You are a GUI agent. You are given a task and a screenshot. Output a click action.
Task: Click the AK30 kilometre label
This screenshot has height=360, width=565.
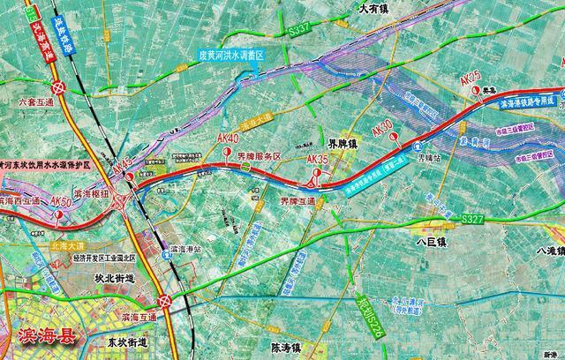(x=382, y=126)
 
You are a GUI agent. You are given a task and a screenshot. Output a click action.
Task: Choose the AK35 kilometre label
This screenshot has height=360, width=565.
(x=317, y=159)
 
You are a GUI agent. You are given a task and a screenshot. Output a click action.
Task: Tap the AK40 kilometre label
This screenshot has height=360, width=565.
(x=228, y=139)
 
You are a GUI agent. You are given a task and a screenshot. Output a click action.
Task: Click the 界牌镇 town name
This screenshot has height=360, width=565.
(x=343, y=144)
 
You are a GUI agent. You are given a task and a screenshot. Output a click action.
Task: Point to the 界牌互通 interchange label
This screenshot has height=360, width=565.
(x=296, y=201)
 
